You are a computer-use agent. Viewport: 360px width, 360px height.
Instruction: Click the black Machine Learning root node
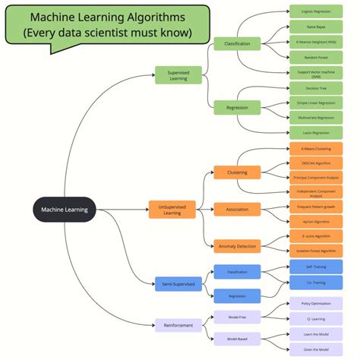click(x=65, y=210)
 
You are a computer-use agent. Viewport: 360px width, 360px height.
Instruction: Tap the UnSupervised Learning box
click(x=172, y=209)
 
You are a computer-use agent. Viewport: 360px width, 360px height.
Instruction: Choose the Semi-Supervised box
click(x=178, y=284)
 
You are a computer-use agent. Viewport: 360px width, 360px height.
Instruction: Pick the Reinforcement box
click(x=178, y=325)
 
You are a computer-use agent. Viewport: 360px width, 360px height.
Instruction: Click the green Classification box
click(x=237, y=45)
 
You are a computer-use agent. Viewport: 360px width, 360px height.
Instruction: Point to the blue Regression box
click(x=237, y=296)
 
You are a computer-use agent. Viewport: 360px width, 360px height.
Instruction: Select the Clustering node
click(x=237, y=172)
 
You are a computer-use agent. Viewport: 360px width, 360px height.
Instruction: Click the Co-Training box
click(x=315, y=282)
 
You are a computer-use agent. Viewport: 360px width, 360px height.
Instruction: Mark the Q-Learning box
click(x=315, y=319)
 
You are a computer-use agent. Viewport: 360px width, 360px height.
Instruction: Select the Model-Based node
click(x=237, y=339)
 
